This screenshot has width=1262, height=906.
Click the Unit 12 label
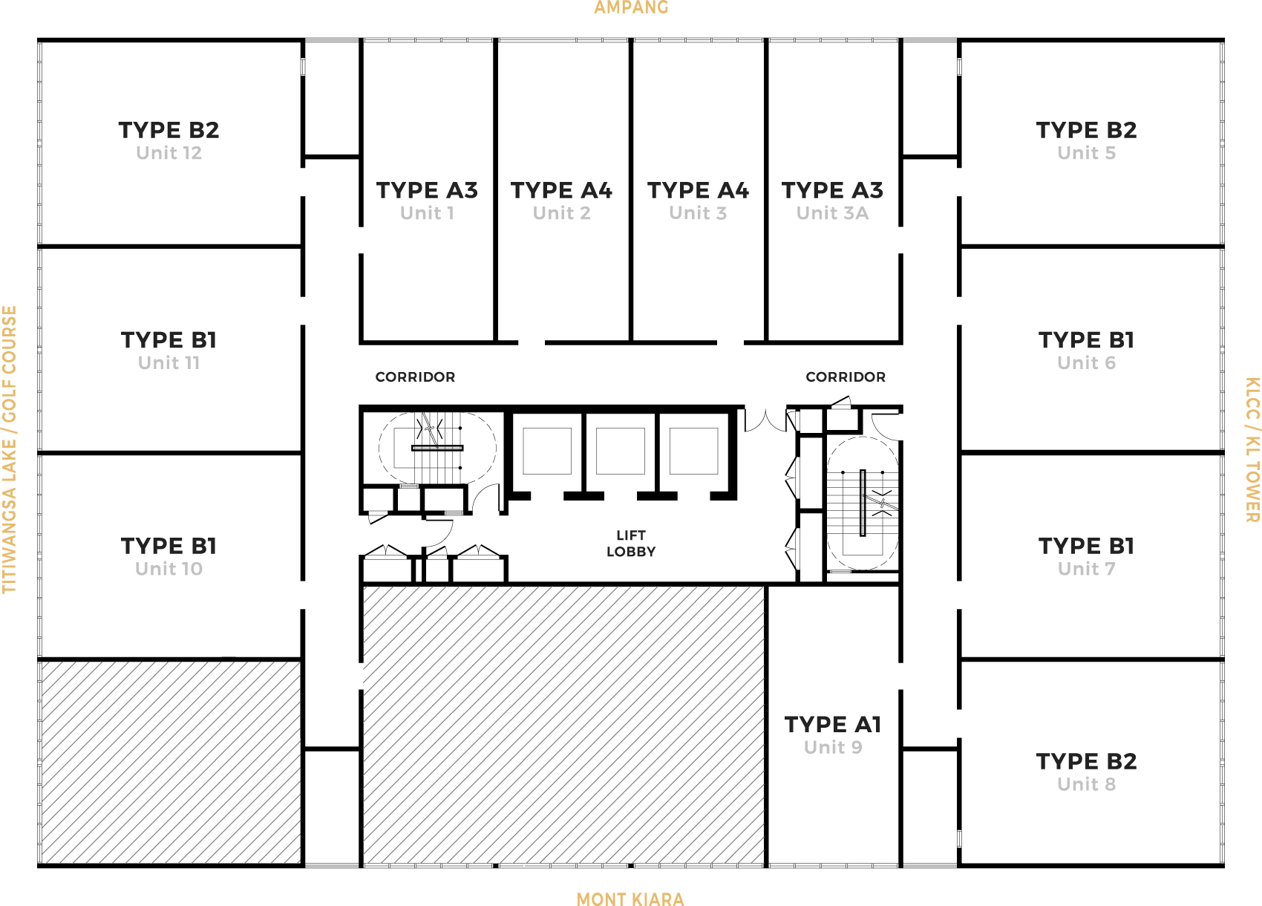pyautogui.click(x=169, y=153)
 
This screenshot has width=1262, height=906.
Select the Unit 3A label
pyautogui.click(x=832, y=213)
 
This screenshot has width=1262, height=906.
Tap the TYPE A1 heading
pyautogui.click(x=833, y=725)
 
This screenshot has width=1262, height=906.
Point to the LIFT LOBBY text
pyautogui.click(x=631, y=543)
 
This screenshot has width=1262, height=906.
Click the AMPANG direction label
pyautogui.click(x=631, y=7)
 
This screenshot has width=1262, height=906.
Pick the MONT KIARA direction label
pyautogui.click(x=630, y=899)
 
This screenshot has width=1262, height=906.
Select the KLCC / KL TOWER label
pyautogui.click(x=1252, y=449)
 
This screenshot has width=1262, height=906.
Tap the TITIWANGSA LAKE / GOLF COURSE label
pyautogui.click(x=10, y=449)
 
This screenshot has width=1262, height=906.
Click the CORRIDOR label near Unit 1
pyautogui.click(x=415, y=377)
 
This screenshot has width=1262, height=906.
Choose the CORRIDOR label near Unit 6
pyautogui.click(x=846, y=377)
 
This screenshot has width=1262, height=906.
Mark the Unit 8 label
pyautogui.click(x=1086, y=784)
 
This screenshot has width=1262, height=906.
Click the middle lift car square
pyautogui.click(x=621, y=451)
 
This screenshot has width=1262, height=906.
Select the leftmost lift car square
pyautogui.click(x=547, y=451)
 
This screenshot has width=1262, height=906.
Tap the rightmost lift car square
pyautogui.click(x=693, y=451)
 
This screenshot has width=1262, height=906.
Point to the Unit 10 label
pyautogui.click(x=169, y=569)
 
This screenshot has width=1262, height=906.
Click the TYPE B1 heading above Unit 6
pyautogui.click(x=1086, y=340)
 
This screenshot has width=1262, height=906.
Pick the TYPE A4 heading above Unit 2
pyautogui.click(x=562, y=190)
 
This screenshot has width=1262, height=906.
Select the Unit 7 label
pyautogui.click(x=1086, y=569)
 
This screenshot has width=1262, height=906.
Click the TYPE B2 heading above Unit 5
pyautogui.click(x=1086, y=130)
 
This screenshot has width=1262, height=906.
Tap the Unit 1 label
pyautogui.click(x=427, y=213)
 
